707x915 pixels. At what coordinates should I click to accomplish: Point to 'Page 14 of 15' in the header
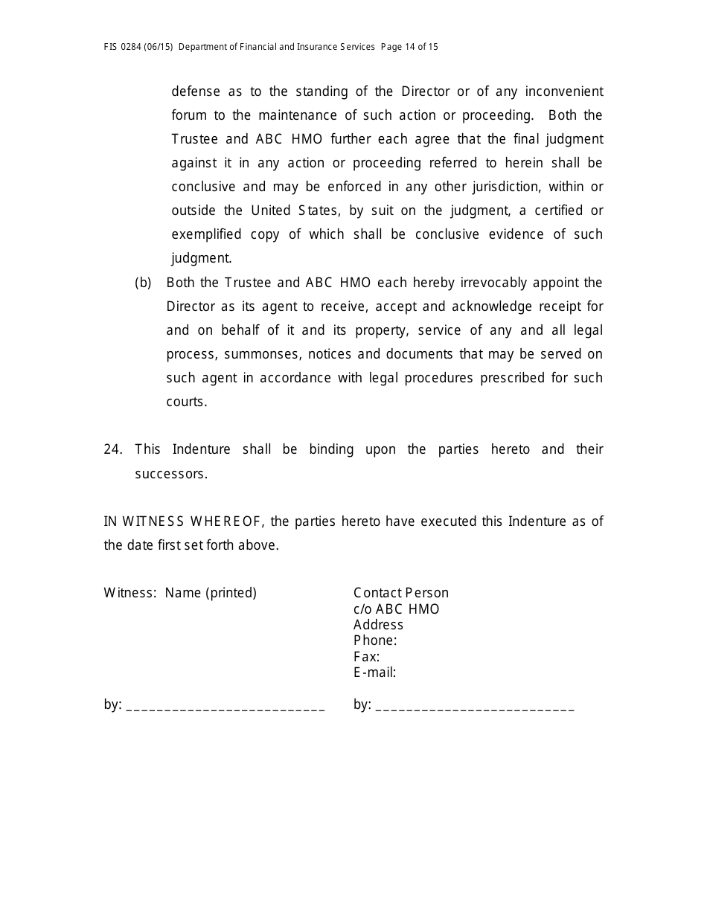tap(409, 47)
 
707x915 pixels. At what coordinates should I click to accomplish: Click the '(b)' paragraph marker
tap(143, 283)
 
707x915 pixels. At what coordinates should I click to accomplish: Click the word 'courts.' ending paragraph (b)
tap(186, 402)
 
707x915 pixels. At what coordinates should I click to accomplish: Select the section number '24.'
tap(113, 449)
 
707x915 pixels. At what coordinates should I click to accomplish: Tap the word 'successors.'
tap(171, 473)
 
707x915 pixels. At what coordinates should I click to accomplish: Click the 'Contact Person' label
tap(401, 593)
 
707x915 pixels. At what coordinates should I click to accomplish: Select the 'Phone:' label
tap(375, 640)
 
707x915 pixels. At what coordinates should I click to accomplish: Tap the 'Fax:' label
tap(366, 657)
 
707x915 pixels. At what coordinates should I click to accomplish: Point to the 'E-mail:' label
tap(374, 672)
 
